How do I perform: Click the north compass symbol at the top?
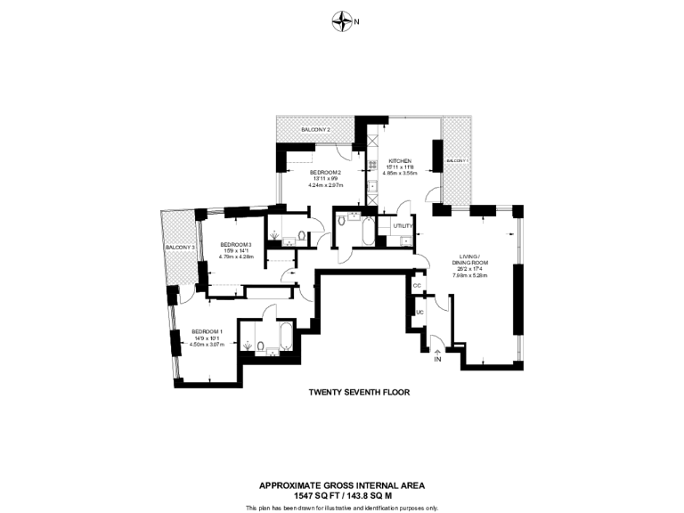[341, 20]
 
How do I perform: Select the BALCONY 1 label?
[456, 160]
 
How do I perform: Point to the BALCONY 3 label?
[180, 248]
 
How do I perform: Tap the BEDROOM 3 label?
[236, 244]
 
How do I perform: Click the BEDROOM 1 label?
[207, 332]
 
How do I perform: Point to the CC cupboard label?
[416, 285]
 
